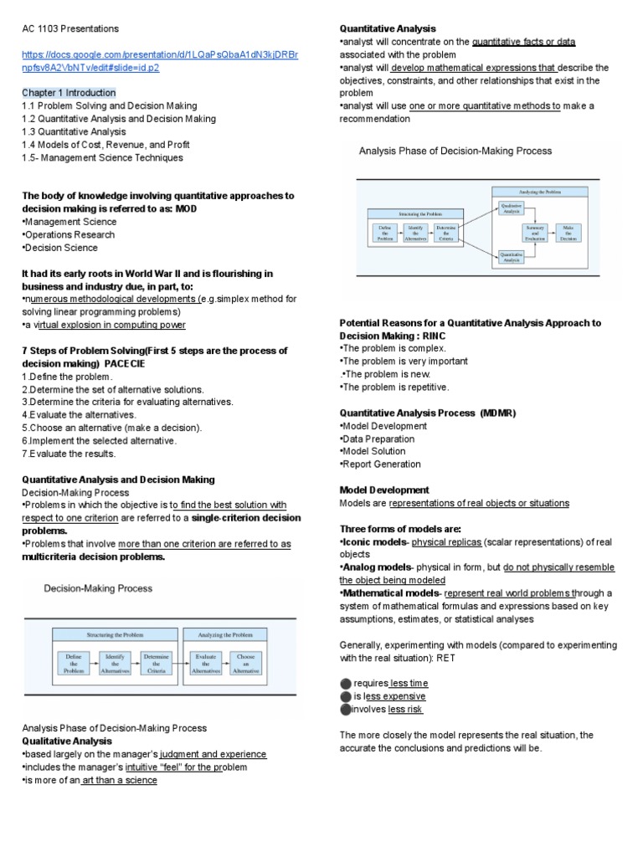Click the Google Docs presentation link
pyautogui.click(x=158, y=60)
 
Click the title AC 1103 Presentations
pyautogui.click(x=70, y=28)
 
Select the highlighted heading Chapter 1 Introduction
pyautogui.click(x=69, y=92)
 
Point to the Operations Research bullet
pyautogui.click(x=69, y=234)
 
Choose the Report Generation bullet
pyautogui.click(x=382, y=464)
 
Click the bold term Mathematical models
pyautogui.click(x=387, y=593)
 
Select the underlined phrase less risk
pyautogui.click(x=405, y=710)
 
